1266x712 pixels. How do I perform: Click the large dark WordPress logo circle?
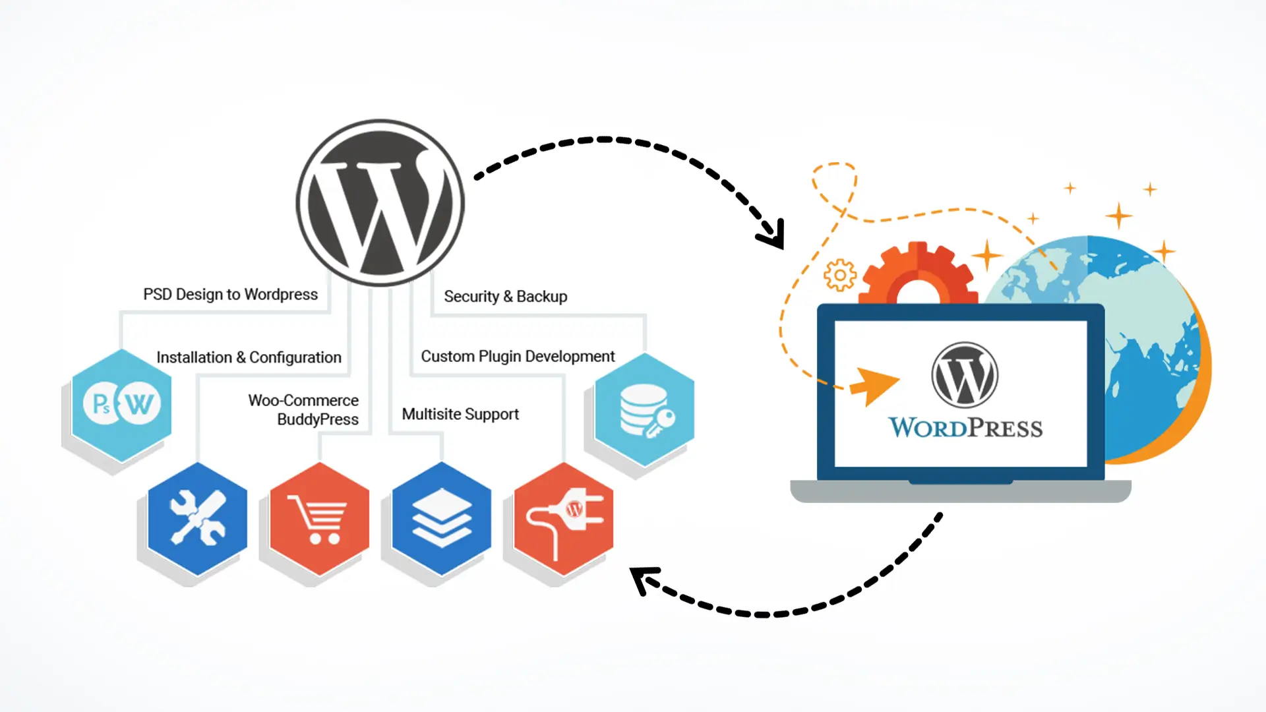tap(380, 202)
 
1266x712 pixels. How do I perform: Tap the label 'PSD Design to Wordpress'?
tap(230, 294)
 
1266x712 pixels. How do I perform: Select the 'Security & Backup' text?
tap(505, 297)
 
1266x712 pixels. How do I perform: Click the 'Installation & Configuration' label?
tap(249, 357)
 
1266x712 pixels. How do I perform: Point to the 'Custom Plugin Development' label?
tap(518, 357)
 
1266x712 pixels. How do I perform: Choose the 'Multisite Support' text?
tap(460, 414)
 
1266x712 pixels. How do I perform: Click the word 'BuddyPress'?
tap(318, 419)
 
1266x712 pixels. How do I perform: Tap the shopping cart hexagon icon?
tap(319, 519)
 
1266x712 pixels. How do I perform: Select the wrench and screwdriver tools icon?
tap(197, 519)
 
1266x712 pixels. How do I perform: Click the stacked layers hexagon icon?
tap(441, 519)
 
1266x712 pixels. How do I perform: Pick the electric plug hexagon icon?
tap(563, 519)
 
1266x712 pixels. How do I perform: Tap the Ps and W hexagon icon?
tap(121, 404)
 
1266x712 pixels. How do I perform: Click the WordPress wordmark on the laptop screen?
tap(965, 428)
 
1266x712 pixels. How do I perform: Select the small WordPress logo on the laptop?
tap(964, 374)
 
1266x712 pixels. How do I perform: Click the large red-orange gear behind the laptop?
tap(918, 274)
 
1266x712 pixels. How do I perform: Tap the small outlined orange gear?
tap(840, 275)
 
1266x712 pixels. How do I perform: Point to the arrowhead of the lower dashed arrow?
tap(641, 578)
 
